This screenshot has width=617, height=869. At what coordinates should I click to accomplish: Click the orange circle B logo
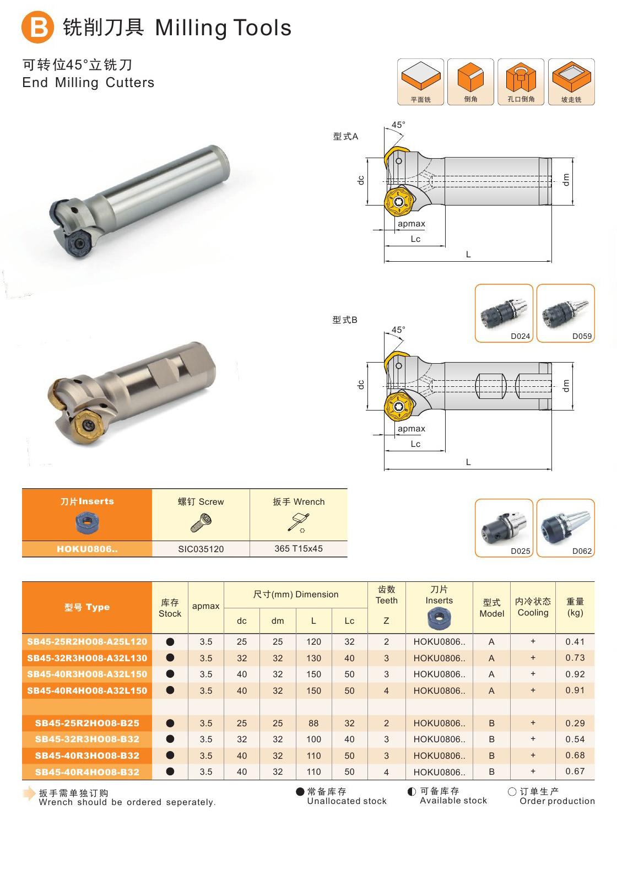coord(37,27)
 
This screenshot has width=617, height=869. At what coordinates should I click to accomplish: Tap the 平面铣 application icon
coord(420,82)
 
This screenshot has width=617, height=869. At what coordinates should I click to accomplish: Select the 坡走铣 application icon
coord(571,82)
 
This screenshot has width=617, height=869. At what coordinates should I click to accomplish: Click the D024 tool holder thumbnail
coord(504,313)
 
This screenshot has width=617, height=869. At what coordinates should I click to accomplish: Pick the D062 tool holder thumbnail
coord(565,528)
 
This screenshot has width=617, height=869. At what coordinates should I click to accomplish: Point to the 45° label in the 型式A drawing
coord(398,125)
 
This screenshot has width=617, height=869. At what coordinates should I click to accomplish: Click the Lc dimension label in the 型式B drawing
coord(415,444)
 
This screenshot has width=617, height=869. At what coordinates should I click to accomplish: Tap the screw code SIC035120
coord(201,549)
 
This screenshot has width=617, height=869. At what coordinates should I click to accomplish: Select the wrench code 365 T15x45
coord(298,548)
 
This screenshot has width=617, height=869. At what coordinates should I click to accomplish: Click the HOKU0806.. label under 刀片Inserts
coord(87,549)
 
